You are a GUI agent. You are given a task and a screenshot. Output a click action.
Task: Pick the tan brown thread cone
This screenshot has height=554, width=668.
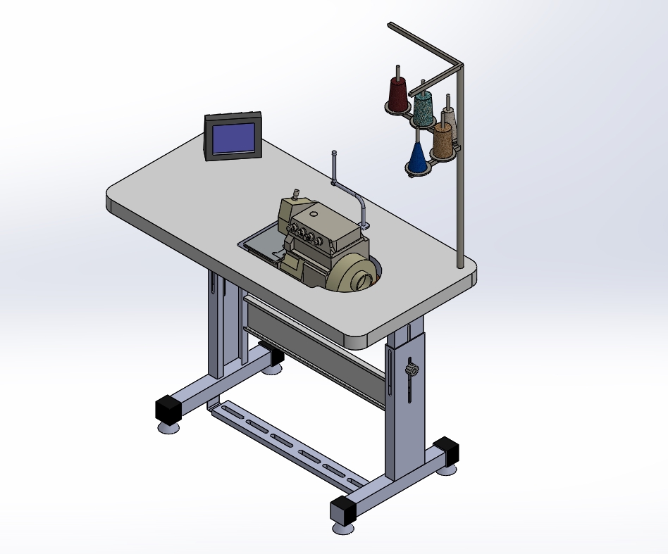[443, 140]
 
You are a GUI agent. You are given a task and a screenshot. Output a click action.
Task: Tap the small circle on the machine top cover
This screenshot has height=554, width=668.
[313, 213]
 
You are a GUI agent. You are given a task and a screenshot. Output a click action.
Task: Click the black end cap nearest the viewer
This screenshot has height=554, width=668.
[342, 509]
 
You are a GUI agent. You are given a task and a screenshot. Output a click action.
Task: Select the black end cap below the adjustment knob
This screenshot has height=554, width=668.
[446, 451]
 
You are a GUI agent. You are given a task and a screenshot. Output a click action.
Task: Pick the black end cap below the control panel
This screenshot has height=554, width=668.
[168, 408]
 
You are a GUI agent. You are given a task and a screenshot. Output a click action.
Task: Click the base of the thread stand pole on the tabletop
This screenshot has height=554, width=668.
[460, 265]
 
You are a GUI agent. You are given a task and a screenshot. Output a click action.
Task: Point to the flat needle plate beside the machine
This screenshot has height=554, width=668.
[264, 246]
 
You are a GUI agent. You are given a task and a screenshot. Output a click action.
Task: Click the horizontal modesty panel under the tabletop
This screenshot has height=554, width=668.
[317, 352]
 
